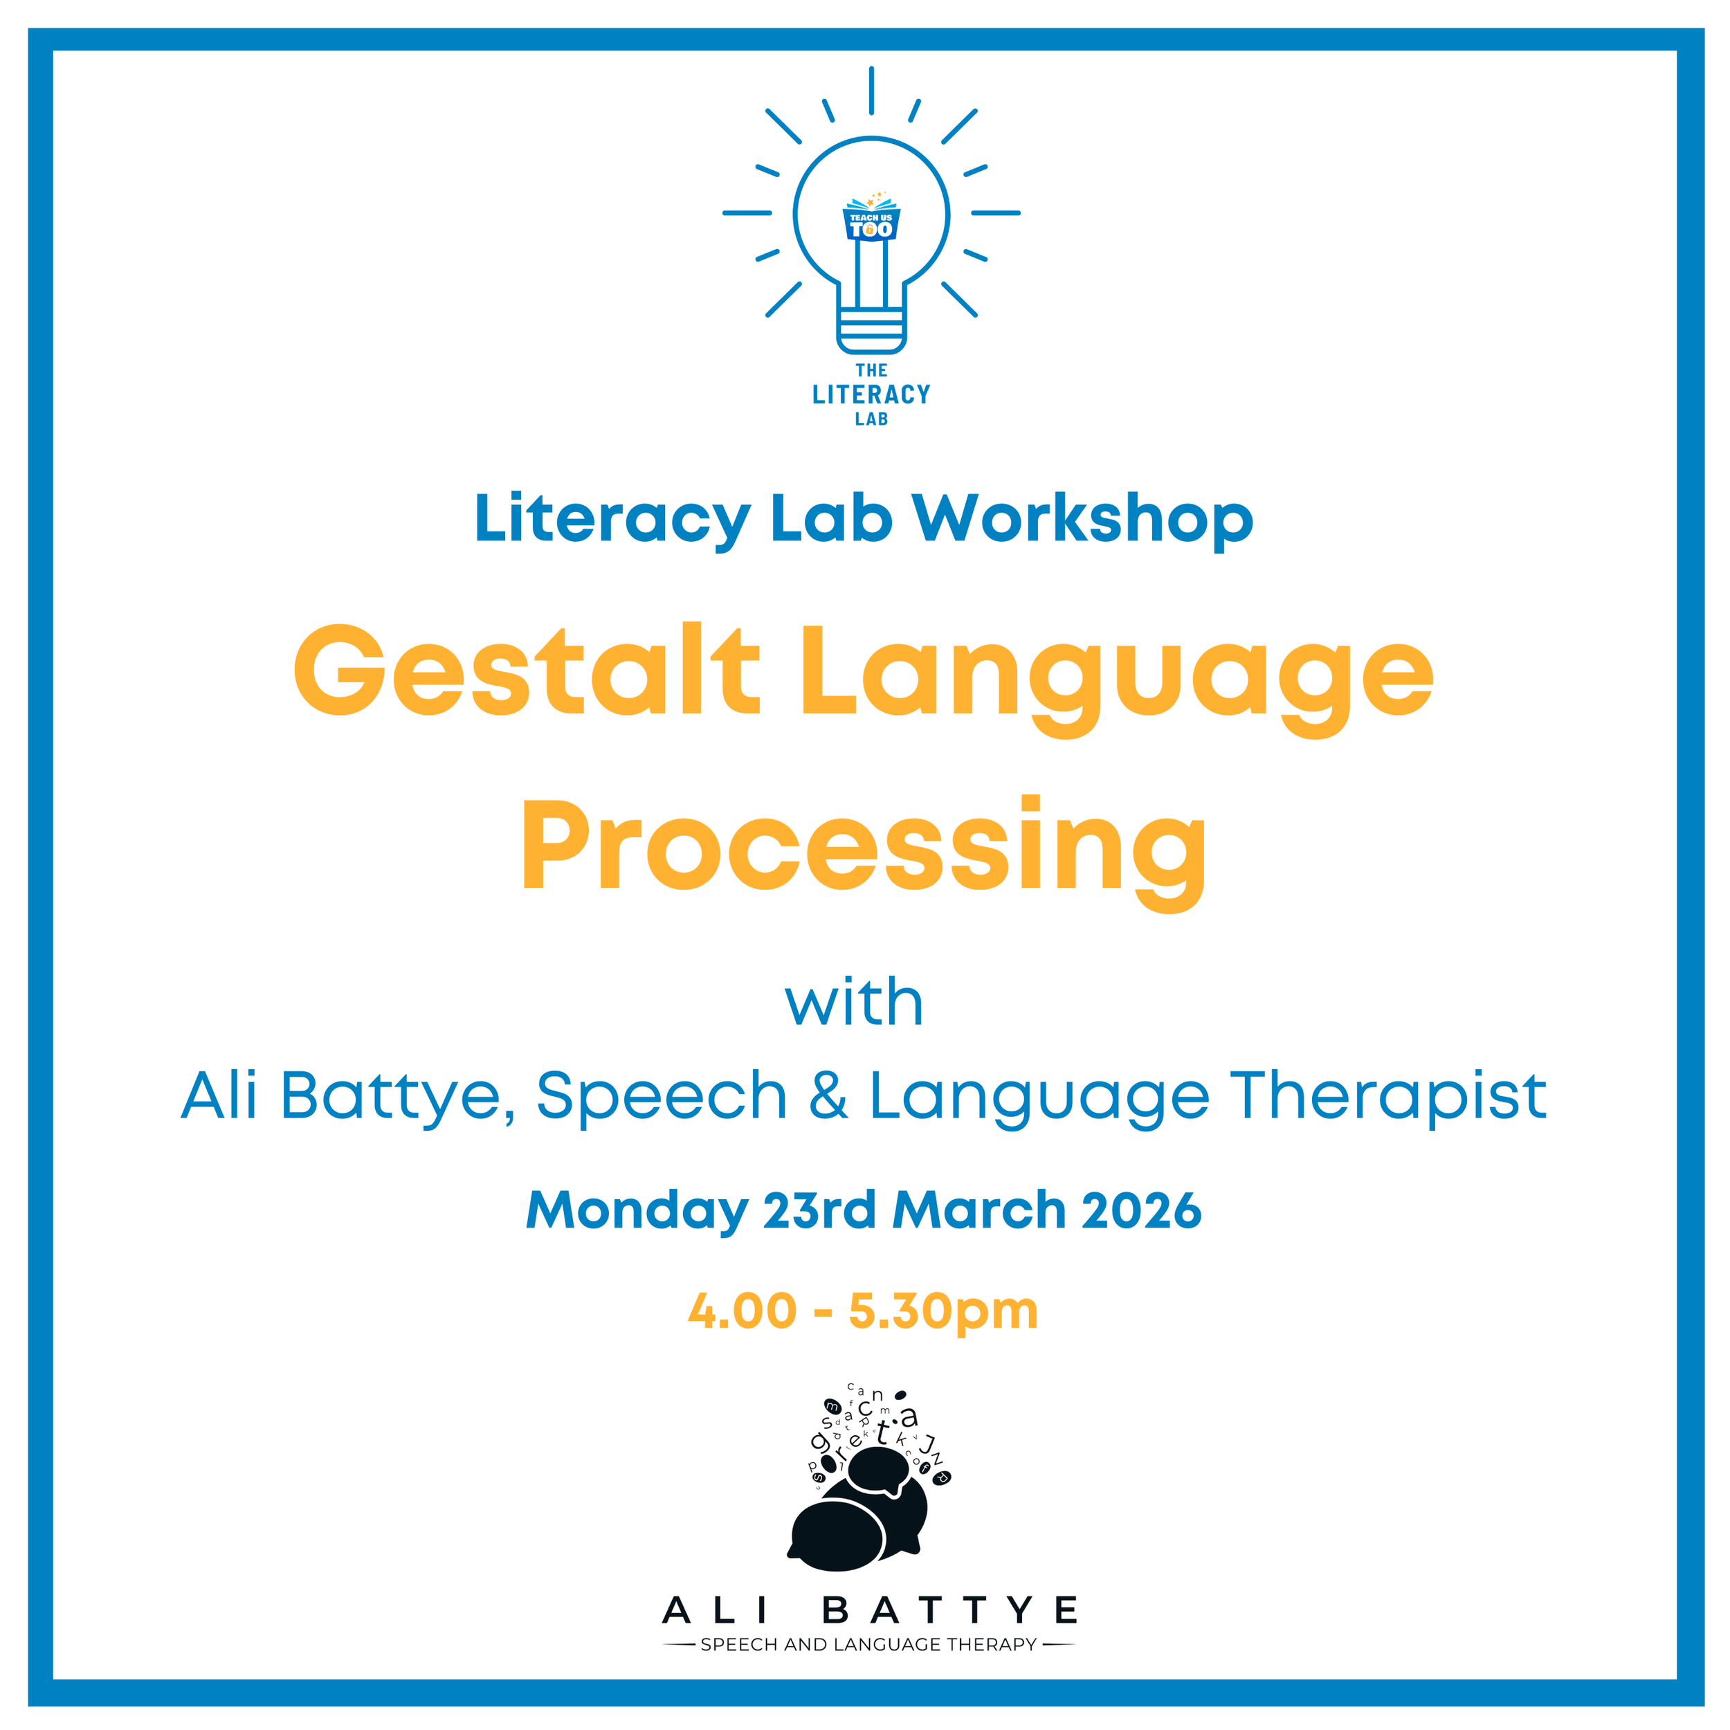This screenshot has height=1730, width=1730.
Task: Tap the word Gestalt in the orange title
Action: click(x=527, y=670)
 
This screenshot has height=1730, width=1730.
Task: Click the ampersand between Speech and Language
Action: click(x=828, y=1095)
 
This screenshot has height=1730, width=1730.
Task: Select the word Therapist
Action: click(x=1389, y=1097)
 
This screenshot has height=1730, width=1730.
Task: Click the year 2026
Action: click(x=1142, y=1210)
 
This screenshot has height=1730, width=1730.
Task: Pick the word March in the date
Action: click(x=978, y=1210)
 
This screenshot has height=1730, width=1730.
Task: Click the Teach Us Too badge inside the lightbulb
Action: click(x=871, y=221)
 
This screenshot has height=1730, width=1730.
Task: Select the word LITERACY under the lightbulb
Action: click(x=871, y=394)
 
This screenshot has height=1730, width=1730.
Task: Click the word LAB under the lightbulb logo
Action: click(x=871, y=419)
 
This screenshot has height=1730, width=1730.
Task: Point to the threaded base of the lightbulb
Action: click(x=871, y=329)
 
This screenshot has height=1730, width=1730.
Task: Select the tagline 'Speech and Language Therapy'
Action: click(x=868, y=1645)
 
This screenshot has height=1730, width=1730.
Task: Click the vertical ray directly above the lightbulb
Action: click(x=871, y=91)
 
